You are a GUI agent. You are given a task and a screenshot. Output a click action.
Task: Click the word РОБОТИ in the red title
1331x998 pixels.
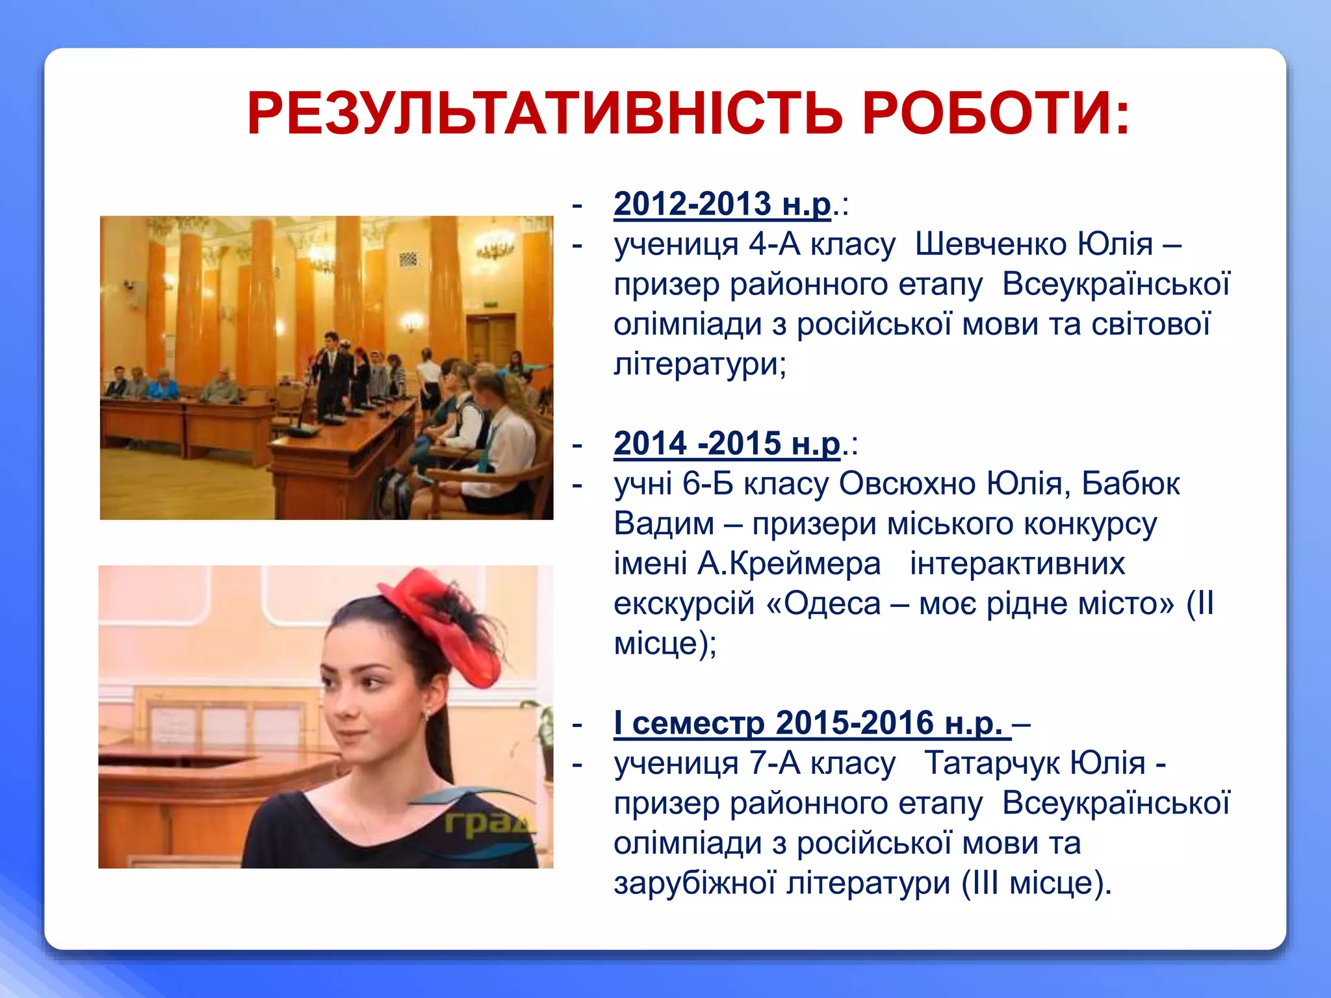(994, 114)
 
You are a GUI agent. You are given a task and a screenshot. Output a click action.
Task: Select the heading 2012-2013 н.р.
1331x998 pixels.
(722, 204)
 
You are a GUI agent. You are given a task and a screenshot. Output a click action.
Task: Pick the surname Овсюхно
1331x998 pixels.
(907, 484)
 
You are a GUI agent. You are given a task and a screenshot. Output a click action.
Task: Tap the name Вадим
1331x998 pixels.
(664, 524)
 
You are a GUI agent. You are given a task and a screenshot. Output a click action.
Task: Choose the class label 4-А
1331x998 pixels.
(774, 244)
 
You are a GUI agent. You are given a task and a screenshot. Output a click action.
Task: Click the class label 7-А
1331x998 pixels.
(774, 763)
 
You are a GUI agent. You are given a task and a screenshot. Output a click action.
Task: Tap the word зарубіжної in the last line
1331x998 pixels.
(694, 883)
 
